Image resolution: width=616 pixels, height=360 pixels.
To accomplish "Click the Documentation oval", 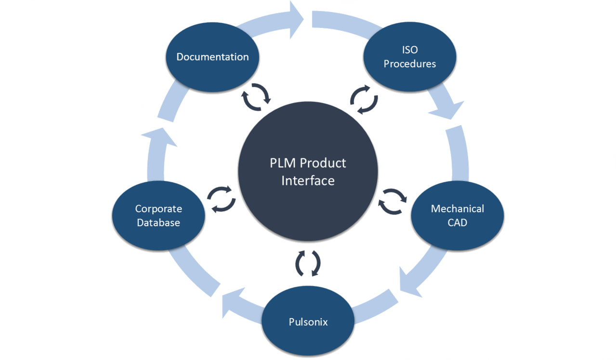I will click(x=212, y=57).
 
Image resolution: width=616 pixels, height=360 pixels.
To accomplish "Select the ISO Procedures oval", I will click(x=409, y=57).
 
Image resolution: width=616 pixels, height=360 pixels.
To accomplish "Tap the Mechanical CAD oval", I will click(x=457, y=215).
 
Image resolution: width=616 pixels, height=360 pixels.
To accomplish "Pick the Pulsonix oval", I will click(x=308, y=321).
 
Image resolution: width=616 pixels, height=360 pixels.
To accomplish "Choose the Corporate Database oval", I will click(x=158, y=216).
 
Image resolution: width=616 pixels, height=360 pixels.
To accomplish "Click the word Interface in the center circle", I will click(x=308, y=181).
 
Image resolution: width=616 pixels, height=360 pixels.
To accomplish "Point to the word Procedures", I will click(x=409, y=64).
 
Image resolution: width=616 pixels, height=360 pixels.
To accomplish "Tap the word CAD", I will click(x=457, y=222).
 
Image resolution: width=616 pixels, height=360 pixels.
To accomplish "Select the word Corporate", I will click(x=158, y=209).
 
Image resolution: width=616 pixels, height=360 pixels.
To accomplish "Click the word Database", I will click(x=158, y=222).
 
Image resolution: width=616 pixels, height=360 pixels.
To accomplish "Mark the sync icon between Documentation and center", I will click(x=256, y=97).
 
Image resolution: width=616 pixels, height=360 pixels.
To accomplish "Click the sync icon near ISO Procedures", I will click(x=364, y=100).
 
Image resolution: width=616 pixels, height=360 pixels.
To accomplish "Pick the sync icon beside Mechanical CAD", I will click(x=393, y=201).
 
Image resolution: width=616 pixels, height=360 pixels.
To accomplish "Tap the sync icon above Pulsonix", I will click(x=308, y=263).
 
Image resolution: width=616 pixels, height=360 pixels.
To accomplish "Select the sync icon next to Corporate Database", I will click(x=221, y=198).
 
